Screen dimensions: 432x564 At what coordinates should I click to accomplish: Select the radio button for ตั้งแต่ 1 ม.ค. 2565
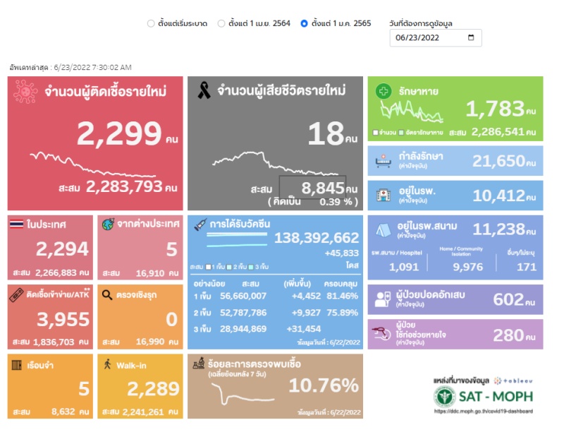click(x=304, y=23)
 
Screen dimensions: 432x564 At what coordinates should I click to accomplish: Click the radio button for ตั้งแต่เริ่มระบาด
click(x=151, y=23)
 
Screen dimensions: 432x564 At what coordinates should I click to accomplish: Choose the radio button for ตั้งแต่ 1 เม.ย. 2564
click(x=221, y=23)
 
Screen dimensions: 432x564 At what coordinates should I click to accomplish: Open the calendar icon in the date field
click(x=471, y=37)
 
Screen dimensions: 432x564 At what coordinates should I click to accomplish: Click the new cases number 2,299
click(x=119, y=133)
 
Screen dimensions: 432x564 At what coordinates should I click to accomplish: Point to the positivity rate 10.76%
click(x=324, y=385)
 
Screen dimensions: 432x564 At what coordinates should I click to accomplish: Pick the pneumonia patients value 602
click(x=508, y=299)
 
